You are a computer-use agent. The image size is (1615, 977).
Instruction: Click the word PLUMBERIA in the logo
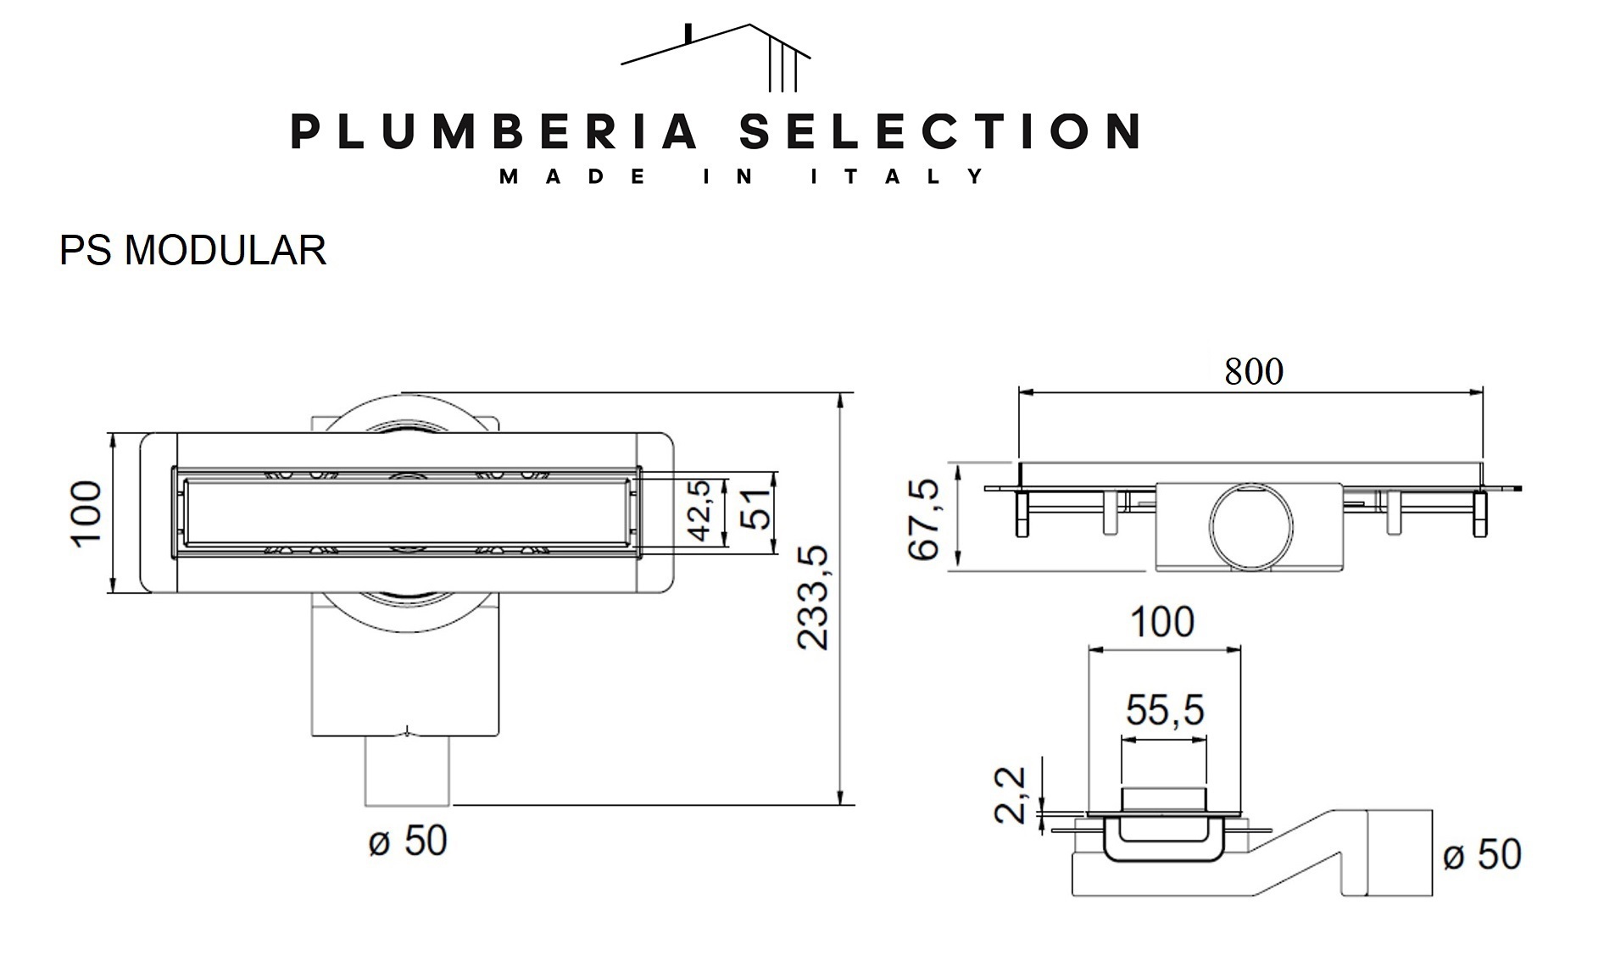coord(494,131)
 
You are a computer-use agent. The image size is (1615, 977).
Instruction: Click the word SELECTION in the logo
coord(939,131)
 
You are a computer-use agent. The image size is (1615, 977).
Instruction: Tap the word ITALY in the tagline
coord(897,176)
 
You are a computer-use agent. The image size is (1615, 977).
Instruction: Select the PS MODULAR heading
coord(192,250)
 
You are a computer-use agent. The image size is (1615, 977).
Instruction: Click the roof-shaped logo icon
coord(716,57)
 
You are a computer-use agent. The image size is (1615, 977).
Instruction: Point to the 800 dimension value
coord(1253,371)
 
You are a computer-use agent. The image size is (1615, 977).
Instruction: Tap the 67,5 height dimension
coord(924,519)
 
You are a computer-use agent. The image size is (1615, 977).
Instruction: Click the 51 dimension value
coord(756,508)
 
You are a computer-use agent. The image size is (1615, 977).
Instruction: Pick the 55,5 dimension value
coord(1165,709)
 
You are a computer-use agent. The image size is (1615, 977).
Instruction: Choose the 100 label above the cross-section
coord(1163,621)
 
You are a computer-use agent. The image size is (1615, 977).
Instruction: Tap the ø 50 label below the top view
coord(408,841)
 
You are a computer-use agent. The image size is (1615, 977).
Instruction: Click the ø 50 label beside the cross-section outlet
coord(1482,854)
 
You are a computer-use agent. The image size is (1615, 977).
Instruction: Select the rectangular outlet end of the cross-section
coord(1399,852)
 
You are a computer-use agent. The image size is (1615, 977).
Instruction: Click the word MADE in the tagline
coord(574,176)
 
